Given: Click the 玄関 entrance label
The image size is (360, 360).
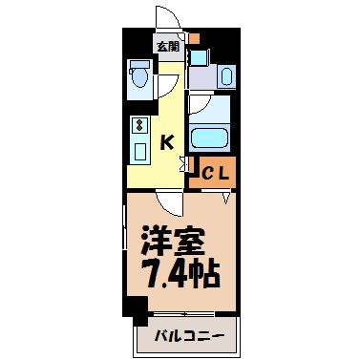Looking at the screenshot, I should (168, 45).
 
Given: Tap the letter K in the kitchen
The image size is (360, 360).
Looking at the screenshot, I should (167, 143).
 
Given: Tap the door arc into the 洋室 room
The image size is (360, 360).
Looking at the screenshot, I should (169, 202).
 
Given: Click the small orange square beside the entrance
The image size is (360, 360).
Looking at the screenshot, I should (193, 39).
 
